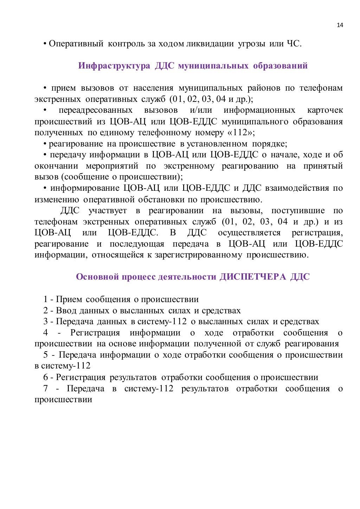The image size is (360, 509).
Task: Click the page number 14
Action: pos(340,25)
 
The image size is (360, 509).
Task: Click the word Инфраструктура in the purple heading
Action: pos(114,66)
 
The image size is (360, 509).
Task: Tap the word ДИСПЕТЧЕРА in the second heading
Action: pos(253,277)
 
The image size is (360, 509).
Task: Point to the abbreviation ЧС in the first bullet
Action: pos(294,44)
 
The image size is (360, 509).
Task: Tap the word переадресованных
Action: pos(96,110)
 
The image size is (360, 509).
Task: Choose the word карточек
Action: pos(325,110)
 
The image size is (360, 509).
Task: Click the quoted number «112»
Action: pos(240,132)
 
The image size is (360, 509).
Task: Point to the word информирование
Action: pos(85,188)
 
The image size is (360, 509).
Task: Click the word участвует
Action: pos(108,210)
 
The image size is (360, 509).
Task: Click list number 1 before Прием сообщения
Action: pos(45,299)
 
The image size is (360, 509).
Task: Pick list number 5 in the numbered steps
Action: pos(45,355)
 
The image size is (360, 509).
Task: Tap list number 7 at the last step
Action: pos(45,389)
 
